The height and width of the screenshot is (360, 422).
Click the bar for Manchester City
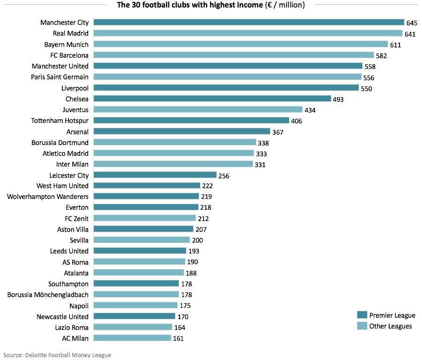tap(249, 22)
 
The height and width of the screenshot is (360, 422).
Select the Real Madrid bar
tap(248, 33)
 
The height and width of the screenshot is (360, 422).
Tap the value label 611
tap(396, 45)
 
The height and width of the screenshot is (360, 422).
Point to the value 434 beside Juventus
tap(310, 110)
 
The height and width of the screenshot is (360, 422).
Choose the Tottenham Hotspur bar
tap(192, 121)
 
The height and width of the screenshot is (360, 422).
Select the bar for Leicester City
tap(155, 175)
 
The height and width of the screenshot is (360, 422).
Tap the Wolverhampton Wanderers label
tap(48, 197)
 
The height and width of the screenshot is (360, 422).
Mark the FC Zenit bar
tap(145, 218)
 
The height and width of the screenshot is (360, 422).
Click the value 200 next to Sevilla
tap(197, 240)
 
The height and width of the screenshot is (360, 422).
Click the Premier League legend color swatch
tap(362, 315)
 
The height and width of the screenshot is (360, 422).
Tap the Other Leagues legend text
tap(391, 326)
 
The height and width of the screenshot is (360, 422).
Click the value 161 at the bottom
tap(179, 338)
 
